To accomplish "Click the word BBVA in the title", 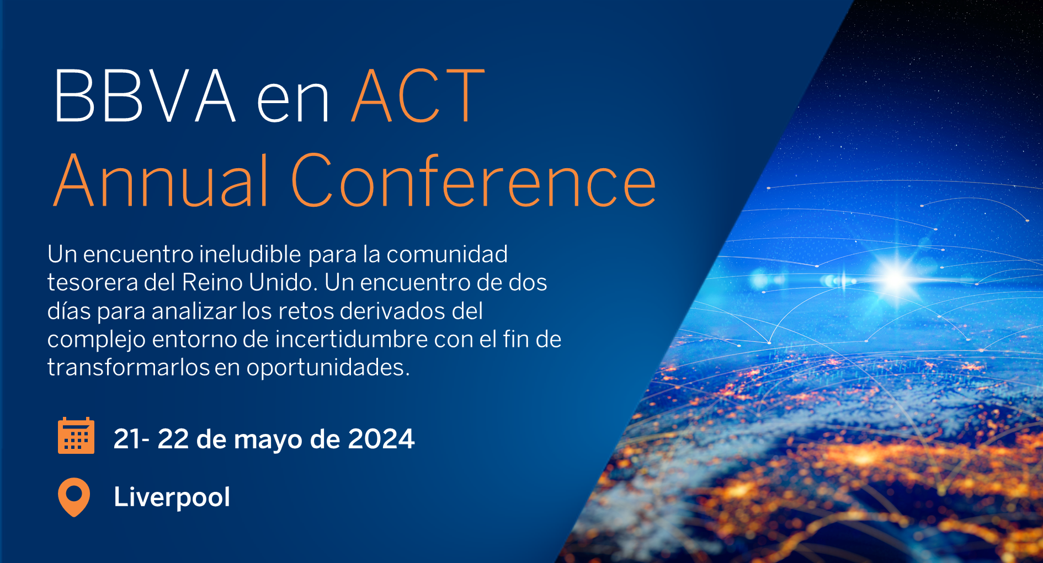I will click(145, 96).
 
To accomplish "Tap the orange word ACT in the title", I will click(418, 96).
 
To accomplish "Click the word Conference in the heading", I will click(473, 181).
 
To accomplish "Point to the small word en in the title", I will click(293, 102).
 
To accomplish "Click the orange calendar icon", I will click(76, 436).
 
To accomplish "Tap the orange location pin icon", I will click(74, 496).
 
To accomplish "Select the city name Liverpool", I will click(172, 497).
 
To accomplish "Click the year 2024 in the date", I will click(381, 439).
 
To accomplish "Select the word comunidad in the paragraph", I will click(446, 254).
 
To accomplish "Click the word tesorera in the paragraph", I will click(93, 282).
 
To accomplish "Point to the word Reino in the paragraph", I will click(212, 282).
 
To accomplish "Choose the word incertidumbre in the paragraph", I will click(352, 339).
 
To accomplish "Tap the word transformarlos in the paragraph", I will click(128, 367).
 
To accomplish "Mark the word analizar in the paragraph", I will click(194, 311).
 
